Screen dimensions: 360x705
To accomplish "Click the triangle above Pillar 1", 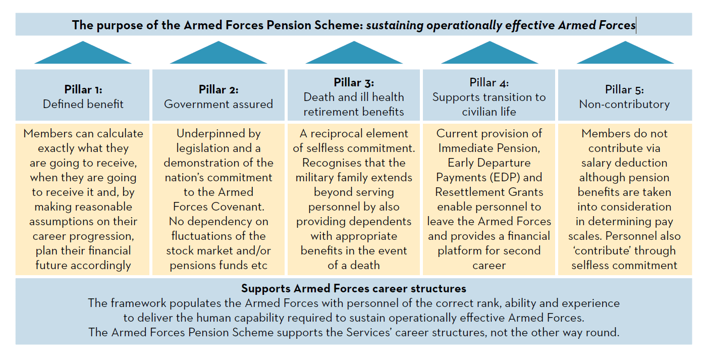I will point(83,54).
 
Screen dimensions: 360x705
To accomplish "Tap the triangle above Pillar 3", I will point(354,54).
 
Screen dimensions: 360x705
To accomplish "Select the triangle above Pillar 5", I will point(625,54).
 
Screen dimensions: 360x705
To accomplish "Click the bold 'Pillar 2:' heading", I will point(218,89).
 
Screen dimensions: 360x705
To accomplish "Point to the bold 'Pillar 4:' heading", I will point(489,82).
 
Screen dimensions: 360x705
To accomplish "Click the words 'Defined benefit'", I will point(83,104).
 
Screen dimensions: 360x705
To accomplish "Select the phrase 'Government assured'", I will point(218,104).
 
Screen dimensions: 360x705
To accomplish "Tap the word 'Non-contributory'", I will point(624,104).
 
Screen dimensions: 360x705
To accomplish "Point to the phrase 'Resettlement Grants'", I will point(489,192).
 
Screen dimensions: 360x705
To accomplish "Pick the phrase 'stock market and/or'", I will point(218,251).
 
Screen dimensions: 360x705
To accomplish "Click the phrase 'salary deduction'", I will point(624,163).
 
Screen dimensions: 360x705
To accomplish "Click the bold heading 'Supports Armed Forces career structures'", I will point(353,289).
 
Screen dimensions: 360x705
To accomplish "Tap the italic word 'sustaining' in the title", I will point(395,25).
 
